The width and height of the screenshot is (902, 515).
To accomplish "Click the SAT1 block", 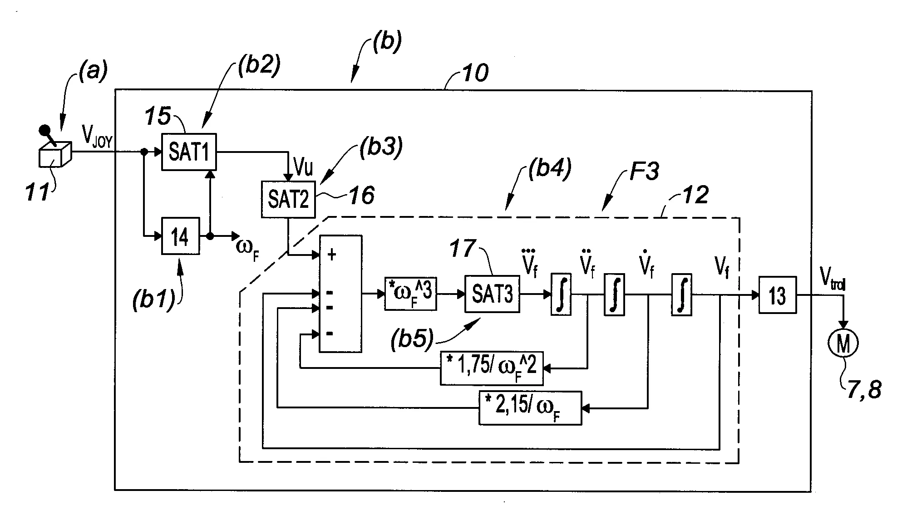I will click(x=189, y=152).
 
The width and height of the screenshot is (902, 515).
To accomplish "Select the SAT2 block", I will click(x=288, y=199).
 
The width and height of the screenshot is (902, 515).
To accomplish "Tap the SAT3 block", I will click(x=492, y=294).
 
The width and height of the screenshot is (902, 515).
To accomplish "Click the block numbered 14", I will click(x=180, y=236).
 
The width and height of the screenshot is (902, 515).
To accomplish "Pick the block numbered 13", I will click(x=777, y=295).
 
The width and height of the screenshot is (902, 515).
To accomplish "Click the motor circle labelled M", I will click(x=843, y=343).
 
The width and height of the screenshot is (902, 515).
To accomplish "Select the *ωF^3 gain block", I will click(x=410, y=294).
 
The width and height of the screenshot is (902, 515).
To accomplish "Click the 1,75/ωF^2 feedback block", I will click(x=491, y=368).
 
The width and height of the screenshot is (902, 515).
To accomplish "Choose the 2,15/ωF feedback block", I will click(x=530, y=407).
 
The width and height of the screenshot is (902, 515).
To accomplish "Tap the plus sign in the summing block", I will click(x=332, y=255).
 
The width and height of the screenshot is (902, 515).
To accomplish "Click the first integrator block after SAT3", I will click(x=561, y=294).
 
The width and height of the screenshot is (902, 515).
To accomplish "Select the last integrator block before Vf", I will click(x=681, y=294).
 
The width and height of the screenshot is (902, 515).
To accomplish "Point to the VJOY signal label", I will click(x=97, y=136).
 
